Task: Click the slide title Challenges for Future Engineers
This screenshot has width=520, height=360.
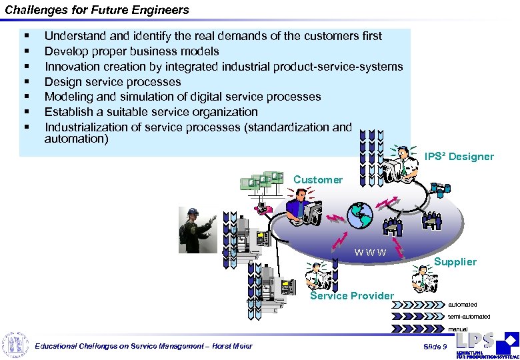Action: coord(96,10)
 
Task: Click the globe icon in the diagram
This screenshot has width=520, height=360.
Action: coord(359,214)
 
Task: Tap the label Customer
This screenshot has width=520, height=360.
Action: coord(317,179)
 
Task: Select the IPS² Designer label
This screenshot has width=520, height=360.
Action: coord(459,157)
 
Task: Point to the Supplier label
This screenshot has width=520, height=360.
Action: coord(455,262)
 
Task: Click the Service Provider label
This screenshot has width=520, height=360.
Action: coord(352,295)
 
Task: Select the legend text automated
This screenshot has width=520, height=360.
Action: coord(463,305)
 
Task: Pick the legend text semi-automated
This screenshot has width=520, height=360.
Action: coord(469,316)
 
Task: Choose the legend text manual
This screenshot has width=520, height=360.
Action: coord(457,329)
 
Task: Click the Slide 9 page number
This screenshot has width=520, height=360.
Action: coord(435,347)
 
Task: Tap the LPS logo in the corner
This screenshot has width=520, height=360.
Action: coord(486,344)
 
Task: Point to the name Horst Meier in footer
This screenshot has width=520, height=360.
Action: coord(234,347)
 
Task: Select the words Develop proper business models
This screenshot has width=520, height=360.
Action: coord(131,51)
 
